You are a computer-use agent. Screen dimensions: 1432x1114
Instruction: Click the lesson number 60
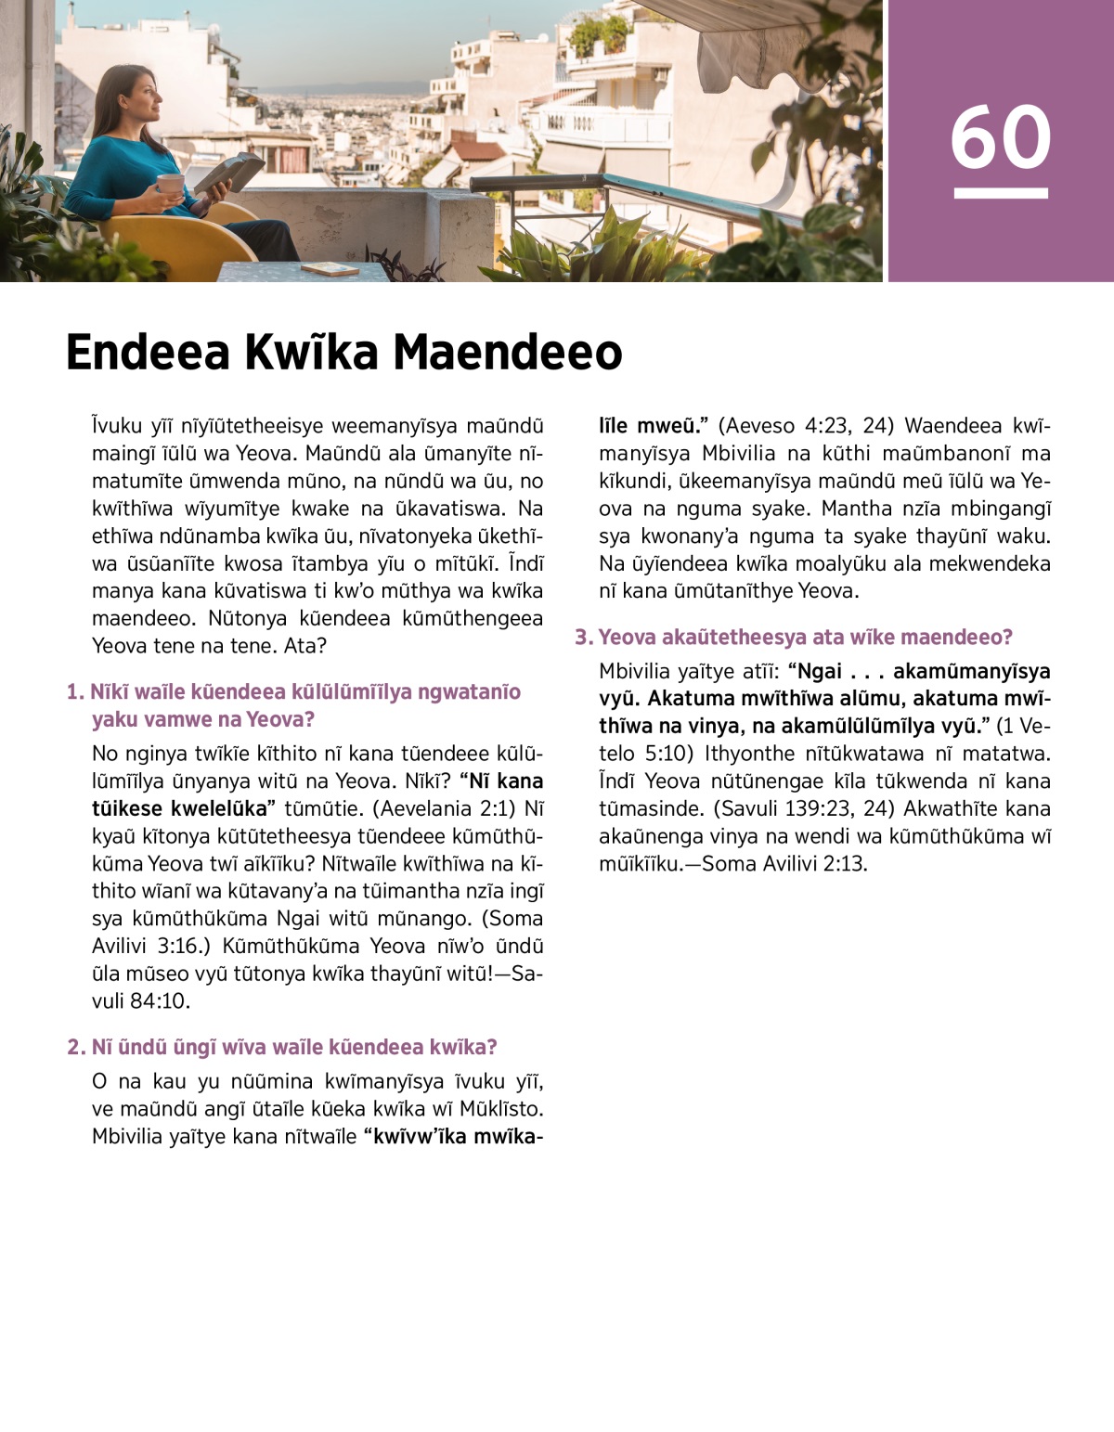point(1000,137)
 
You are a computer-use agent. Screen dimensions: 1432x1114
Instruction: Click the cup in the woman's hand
point(170,184)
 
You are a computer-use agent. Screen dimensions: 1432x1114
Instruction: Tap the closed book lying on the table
point(330,268)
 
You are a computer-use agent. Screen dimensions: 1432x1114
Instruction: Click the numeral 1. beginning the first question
point(75,692)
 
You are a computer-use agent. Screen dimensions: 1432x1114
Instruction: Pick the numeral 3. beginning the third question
point(583,638)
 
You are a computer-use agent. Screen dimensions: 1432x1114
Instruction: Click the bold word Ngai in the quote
point(820,671)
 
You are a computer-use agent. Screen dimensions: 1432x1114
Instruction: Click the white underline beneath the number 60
point(1000,193)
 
